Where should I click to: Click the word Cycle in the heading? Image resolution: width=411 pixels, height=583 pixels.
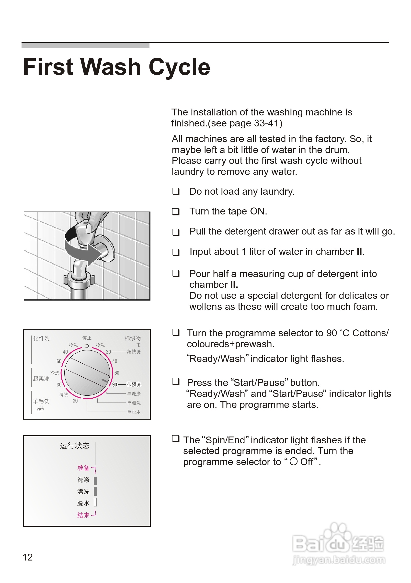[179, 67]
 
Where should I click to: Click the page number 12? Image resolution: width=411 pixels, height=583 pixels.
[27, 557]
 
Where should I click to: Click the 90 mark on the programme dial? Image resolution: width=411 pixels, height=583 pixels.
[114, 385]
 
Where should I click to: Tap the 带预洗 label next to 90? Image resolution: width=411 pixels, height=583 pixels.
[134, 384]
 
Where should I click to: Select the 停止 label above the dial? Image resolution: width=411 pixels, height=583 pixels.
[87, 338]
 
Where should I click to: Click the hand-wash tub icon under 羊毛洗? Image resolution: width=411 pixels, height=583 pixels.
[40, 409]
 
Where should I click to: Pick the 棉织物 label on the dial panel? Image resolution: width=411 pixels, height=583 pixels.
[132, 338]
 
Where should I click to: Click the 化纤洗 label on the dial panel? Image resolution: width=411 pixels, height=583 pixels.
[41, 338]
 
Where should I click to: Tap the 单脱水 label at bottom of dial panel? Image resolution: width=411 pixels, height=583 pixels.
[134, 412]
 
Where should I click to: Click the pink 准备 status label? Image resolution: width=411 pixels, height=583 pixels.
[83, 468]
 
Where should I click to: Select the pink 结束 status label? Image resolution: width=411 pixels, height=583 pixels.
[83, 515]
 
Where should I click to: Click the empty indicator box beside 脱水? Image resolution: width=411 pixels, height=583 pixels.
[95, 502]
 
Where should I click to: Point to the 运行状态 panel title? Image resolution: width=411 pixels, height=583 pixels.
[74, 446]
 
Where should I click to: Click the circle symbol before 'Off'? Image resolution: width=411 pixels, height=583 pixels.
[293, 461]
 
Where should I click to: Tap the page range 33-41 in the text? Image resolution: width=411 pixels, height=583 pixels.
[266, 123]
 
